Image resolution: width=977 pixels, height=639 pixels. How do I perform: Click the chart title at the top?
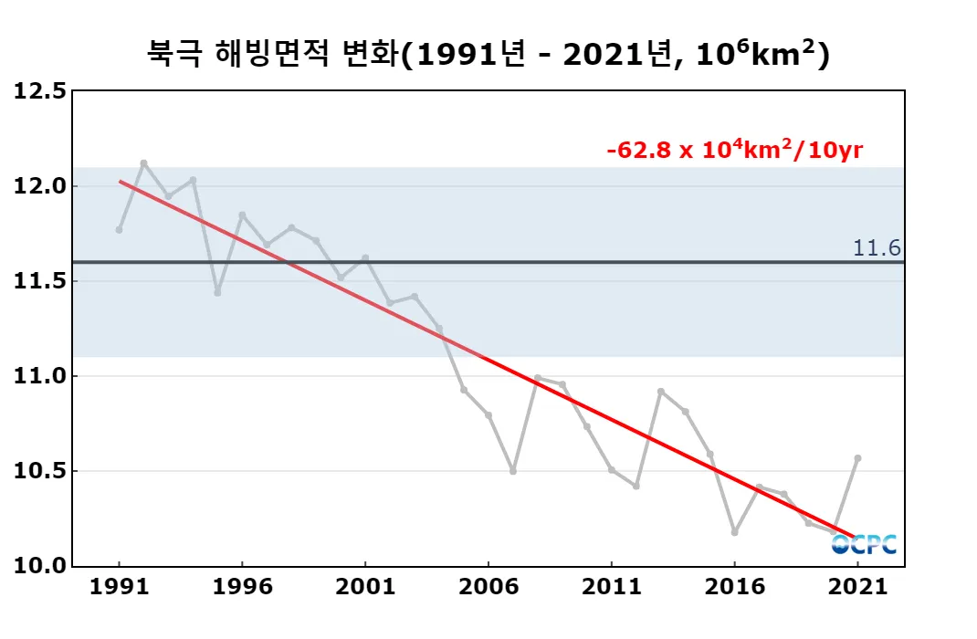click(488, 54)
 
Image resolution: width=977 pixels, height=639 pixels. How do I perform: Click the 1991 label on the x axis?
click(120, 588)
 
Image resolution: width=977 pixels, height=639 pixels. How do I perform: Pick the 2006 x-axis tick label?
click(488, 588)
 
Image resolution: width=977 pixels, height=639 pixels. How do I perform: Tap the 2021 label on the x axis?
click(857, 588)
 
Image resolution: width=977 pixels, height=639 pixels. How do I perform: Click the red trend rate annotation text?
click(734, 151)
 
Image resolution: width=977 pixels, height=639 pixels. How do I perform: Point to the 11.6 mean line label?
click(877, 247)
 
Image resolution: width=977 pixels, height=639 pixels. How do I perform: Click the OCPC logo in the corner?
click(864, 545)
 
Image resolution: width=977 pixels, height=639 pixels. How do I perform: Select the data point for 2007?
click(513, 471)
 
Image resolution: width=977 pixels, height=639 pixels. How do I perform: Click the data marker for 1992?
click(144, 163)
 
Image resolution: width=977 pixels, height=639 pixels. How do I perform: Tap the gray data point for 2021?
click(857, 458)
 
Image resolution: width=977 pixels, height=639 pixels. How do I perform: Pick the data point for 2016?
click(734, 532)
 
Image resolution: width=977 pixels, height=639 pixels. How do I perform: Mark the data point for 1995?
click(217, 293)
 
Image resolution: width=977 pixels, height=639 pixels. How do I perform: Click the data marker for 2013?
click(660, 392)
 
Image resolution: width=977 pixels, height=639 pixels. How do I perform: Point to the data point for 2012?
click(636, 487)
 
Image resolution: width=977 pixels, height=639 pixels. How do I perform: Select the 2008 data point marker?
click(538, 378)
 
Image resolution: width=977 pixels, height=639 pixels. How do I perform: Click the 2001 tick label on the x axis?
click(365, 588)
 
